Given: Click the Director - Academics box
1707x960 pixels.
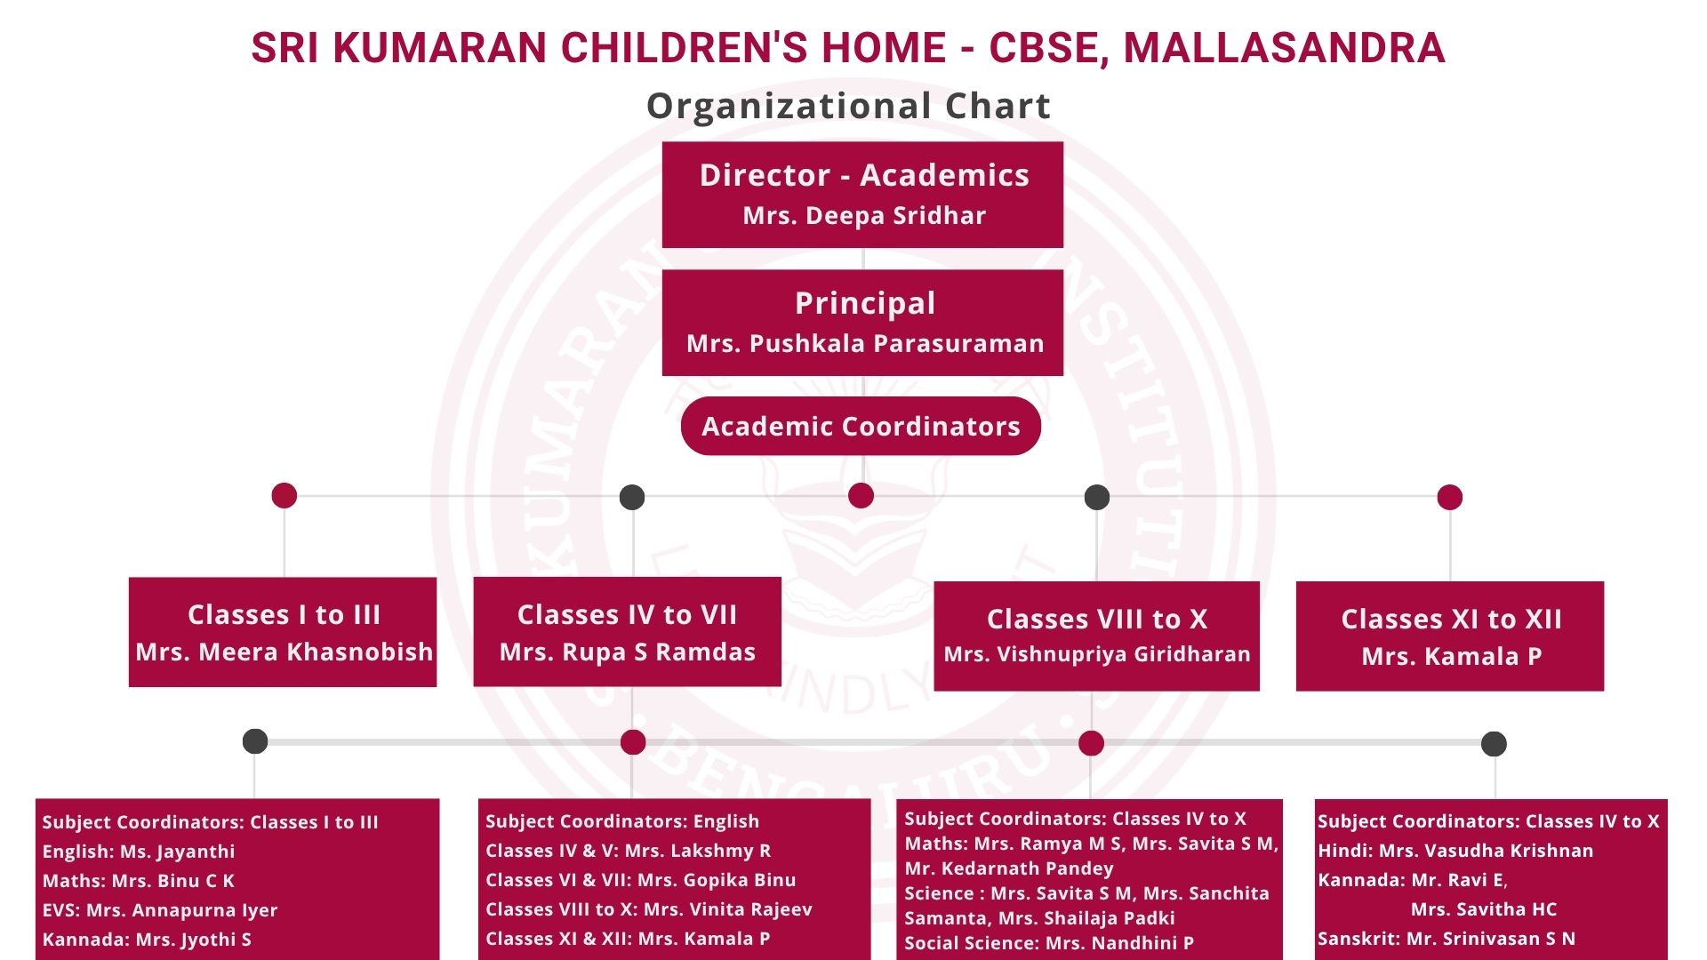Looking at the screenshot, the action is (862, 195).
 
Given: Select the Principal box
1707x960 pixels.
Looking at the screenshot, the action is (862, 323).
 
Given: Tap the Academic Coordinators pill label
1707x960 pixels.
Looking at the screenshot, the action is (861, 426).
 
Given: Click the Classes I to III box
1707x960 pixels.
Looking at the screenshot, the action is (283, 632).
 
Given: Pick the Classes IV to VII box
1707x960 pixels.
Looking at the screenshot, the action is (628, 632).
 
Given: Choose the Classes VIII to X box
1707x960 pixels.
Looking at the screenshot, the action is (1097, 636).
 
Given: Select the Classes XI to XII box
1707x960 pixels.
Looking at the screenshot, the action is (1450, 636).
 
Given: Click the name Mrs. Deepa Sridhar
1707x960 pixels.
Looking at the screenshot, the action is (864, 216).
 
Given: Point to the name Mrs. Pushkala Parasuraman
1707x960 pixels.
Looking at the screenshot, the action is (865, 344).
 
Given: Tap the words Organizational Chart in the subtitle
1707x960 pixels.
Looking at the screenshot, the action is (848, 106).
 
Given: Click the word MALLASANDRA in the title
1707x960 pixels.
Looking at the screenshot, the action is (1285, 48).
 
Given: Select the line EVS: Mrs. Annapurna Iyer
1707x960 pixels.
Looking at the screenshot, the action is (160, 910).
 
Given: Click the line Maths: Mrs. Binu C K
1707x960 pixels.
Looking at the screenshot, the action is (139, 881).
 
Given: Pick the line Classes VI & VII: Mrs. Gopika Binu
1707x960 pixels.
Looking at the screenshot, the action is (641, 880).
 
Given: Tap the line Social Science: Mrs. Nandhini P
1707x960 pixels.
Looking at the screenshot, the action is (1049, 943).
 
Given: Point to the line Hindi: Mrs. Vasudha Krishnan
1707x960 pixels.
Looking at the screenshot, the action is (1455, 851).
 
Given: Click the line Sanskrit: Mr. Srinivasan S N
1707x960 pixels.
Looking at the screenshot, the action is (1447, 939).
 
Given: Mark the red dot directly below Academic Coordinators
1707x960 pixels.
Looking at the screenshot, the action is (861, 496).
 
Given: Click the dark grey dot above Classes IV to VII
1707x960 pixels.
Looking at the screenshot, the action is (632, 497).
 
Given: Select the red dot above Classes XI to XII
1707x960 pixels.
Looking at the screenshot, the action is (1450, 497).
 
